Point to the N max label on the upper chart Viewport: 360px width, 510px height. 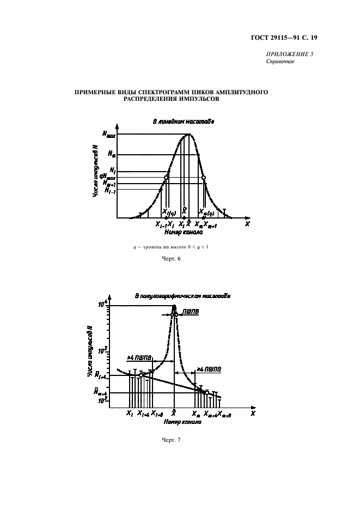pos(108,135)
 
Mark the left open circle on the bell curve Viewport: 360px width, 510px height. pos(167,178)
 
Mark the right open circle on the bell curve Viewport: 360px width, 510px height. pos(204,178)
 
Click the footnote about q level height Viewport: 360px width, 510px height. pos(171,247)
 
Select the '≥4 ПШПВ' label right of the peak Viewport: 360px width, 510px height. pos(209,370)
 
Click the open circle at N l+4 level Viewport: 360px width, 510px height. pos(141,375)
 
